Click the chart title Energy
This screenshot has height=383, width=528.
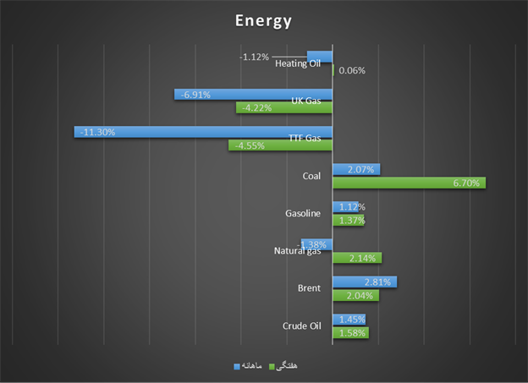point(263,20)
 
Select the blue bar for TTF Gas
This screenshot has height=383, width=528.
point(203,132)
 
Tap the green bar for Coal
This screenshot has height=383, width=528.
point(409,183)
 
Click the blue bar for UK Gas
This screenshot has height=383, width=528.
point(253,94)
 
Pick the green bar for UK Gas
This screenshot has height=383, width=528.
point(284,107)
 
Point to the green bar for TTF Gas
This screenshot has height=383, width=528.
point(280,145)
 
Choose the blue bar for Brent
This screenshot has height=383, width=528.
point(364,282)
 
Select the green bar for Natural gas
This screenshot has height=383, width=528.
point(357,258)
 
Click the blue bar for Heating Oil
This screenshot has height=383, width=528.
point(320,57)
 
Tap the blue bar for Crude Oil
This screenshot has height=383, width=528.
point(349,320)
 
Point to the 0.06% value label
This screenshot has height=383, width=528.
point(352,71)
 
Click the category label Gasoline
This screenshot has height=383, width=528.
point(303,214)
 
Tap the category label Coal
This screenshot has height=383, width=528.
point(311,176)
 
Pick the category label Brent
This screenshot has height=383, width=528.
point(309,288)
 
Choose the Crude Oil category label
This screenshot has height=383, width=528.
point(302,326)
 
